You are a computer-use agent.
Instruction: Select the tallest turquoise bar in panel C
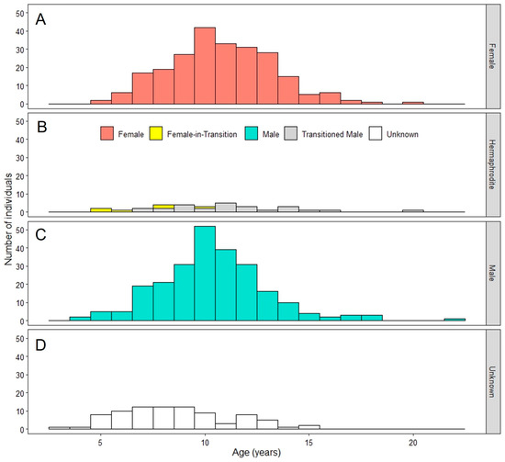205,275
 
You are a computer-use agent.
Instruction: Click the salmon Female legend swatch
108,134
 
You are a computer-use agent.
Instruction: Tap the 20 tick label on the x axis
412,441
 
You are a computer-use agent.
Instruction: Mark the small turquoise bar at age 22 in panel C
454,320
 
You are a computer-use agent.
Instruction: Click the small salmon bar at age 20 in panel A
413,103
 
